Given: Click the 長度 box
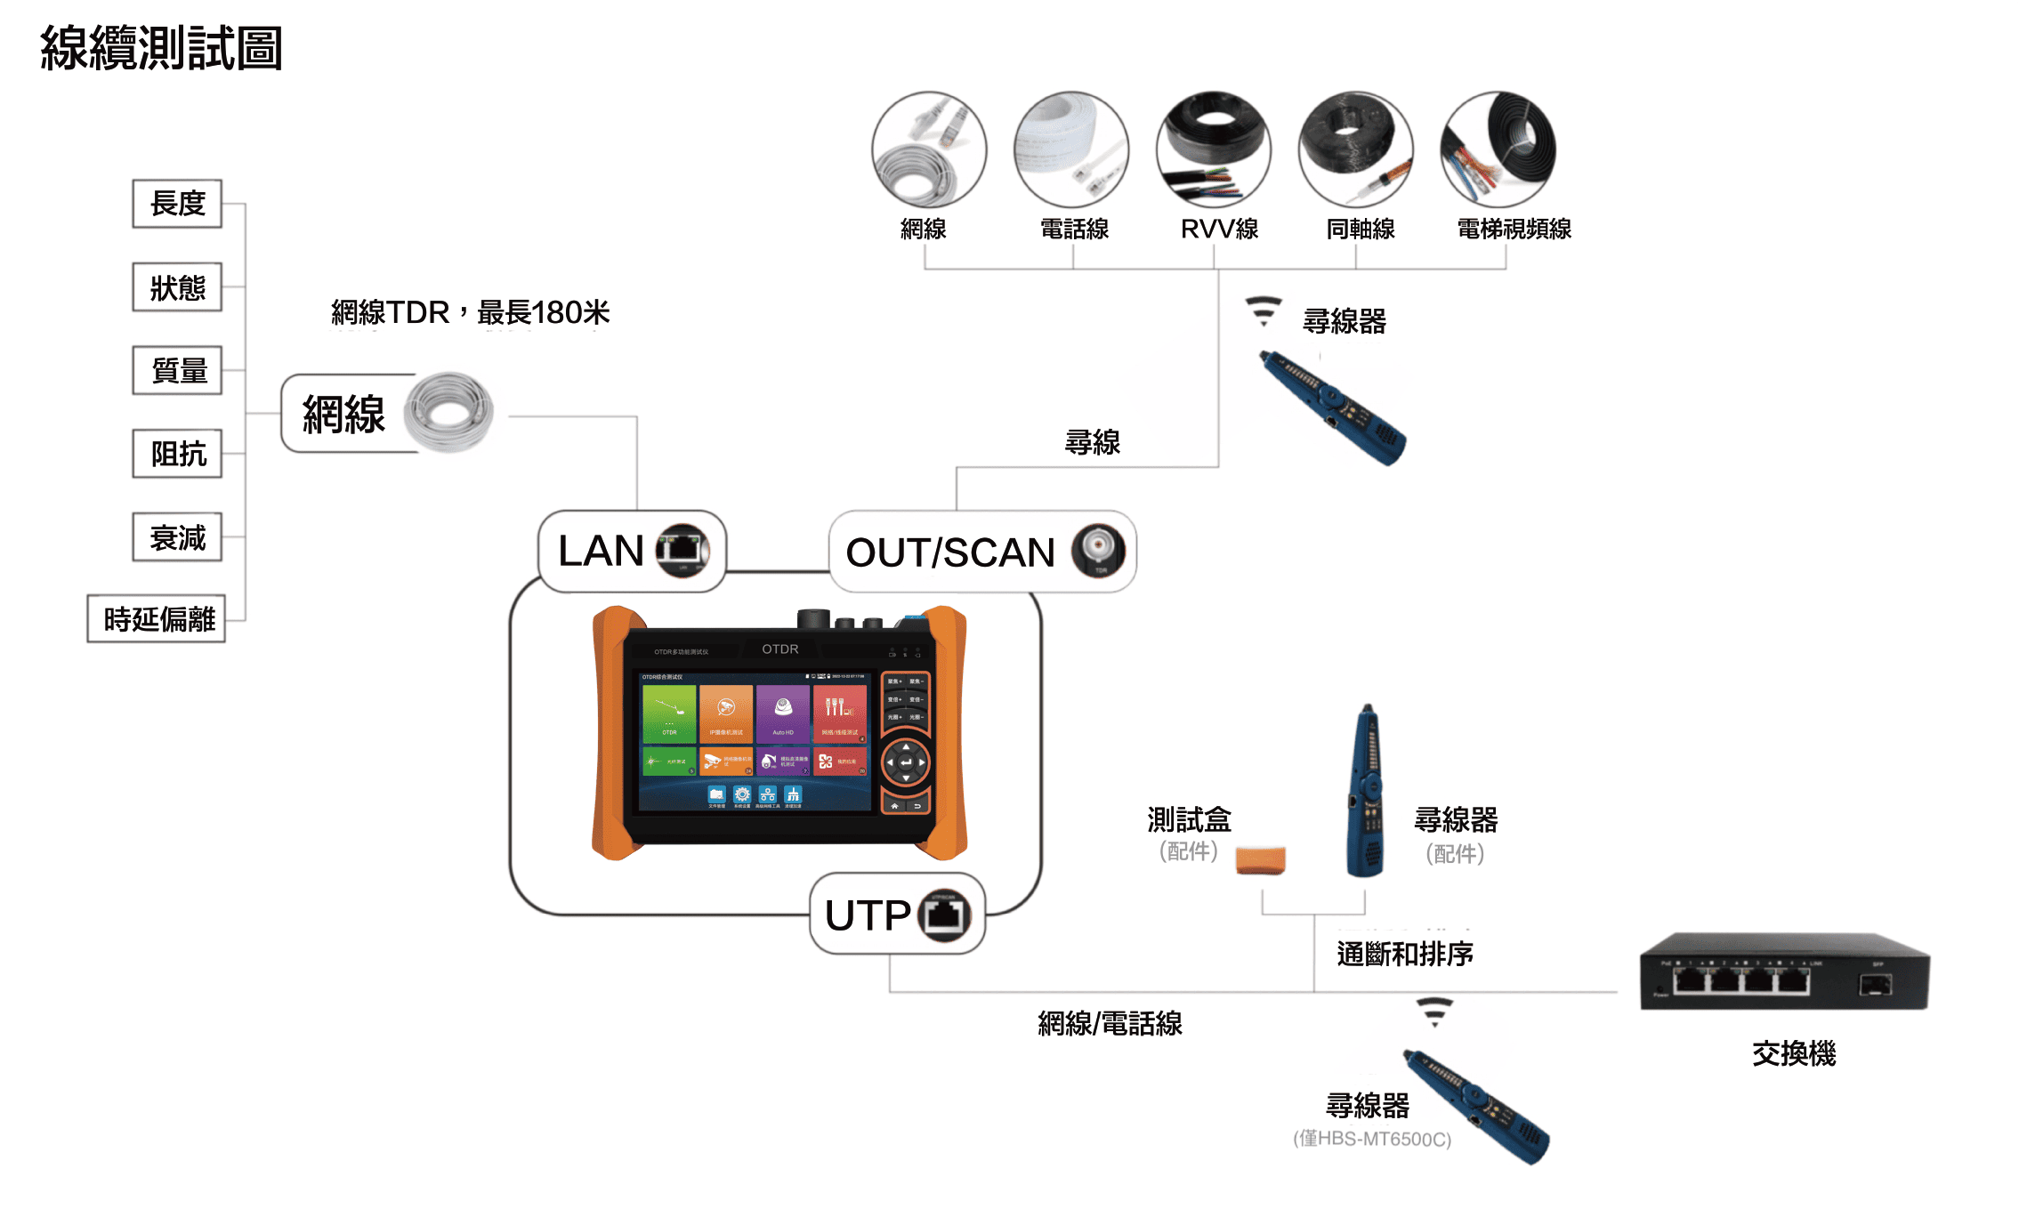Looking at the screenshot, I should [x=177, y=204].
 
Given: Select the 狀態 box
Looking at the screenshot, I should [x=177, y=287].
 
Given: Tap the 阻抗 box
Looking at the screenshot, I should [x=177, y=454].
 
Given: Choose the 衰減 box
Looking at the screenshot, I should [x=177, y=537].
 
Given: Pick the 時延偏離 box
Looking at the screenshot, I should [x=157, y=618].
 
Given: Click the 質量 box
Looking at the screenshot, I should [x=177, y=370].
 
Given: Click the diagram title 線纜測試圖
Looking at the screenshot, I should [x=161, y=48].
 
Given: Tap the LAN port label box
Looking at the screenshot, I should [x=632, y=551].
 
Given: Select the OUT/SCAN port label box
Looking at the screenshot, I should [x=982, y=552].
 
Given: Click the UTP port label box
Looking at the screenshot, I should [x=897, y=915].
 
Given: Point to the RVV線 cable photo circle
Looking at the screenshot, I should [x=1213, y=149].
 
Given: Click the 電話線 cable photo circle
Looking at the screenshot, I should [x=1071, y=149].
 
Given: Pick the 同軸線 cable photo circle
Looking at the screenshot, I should [x=1355, y=149].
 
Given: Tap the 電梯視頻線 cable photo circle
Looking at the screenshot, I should [x=1498, y=149].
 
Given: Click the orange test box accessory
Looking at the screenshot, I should [x=1260, y=860].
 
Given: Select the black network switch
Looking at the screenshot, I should [x=1784, y=972].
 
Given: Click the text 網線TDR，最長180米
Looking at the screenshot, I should [x=470, y=312].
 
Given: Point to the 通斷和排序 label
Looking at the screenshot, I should [x=1405, y=954].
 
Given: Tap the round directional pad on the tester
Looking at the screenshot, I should [x=906, y=762].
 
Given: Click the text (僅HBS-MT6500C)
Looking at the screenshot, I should [x=1372, y=1139].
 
